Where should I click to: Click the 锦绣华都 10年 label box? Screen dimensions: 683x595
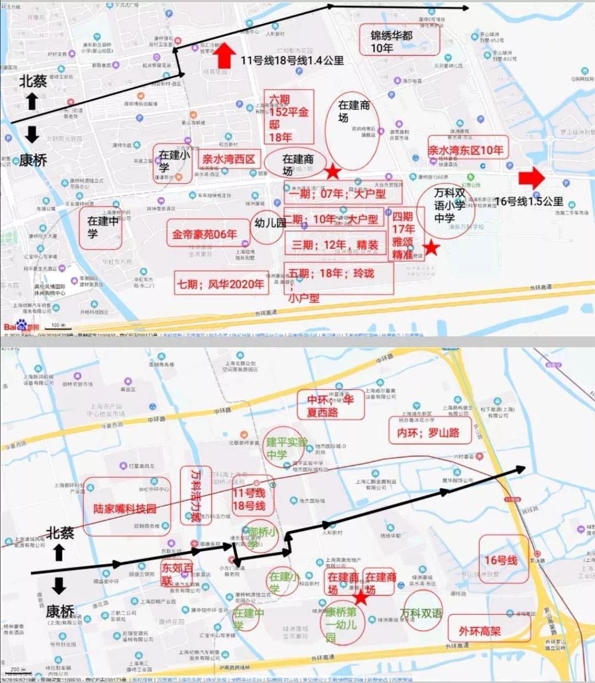(392, 41)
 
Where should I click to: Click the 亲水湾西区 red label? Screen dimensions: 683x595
(229, 160)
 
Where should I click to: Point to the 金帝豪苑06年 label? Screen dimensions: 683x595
(204, 234)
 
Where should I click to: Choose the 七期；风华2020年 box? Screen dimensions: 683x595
(220, 285)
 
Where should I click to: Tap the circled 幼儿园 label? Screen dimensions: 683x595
(270, 223)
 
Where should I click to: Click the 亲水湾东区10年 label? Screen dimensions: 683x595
(466, 150)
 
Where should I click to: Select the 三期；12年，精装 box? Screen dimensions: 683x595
(335, 245)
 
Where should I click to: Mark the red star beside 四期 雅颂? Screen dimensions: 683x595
(431, 248)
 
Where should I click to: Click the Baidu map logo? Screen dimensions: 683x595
(21, 326)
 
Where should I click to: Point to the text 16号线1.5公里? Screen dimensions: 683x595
(529, 201)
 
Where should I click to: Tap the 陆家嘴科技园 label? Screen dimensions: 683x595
(125, 509)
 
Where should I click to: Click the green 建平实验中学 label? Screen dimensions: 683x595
(285, 448)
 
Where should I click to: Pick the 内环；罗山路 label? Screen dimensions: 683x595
(429, 433)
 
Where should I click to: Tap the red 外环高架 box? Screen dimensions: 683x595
(480, 631)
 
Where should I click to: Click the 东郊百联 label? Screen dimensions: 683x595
(177, 574)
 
